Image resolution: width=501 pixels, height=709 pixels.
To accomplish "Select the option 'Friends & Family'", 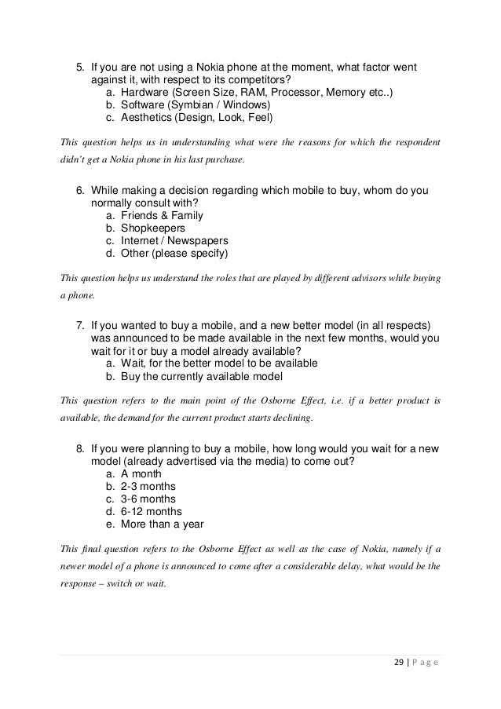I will tap(161, 216).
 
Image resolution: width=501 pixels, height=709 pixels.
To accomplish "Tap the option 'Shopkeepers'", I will tap(153, 228).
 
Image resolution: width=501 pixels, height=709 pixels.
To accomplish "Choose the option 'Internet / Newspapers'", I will tap(174, 241).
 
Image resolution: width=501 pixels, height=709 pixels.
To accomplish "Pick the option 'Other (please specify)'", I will tap(174, 254).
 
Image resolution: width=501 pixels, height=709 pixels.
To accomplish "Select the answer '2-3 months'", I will tap(148, 487).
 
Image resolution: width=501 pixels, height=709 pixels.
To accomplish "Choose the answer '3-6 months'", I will tap(148, 499).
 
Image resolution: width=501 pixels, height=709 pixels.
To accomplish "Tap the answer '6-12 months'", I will tap(152, 512).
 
